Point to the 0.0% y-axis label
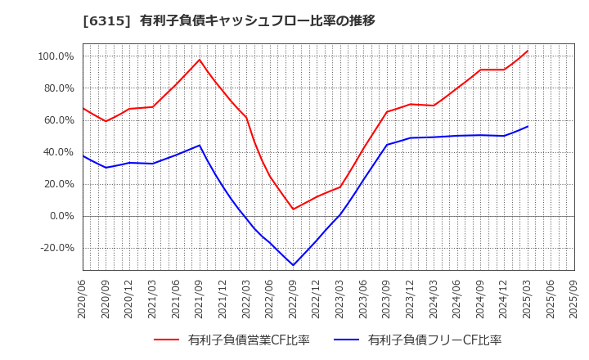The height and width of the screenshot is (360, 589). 61,216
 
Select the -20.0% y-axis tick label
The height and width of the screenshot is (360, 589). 56,248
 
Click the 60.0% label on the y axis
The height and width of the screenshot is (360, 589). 59,120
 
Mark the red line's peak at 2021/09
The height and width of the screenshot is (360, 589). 200,60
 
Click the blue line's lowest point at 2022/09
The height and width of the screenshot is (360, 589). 293,265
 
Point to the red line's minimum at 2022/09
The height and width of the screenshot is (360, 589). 293,209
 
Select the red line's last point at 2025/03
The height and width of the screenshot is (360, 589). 528,51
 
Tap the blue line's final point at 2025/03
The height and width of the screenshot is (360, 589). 528,126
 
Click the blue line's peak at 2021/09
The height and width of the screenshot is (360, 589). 200,146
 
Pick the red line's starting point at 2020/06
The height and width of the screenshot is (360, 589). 83,108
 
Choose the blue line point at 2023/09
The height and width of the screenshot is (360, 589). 387,145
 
